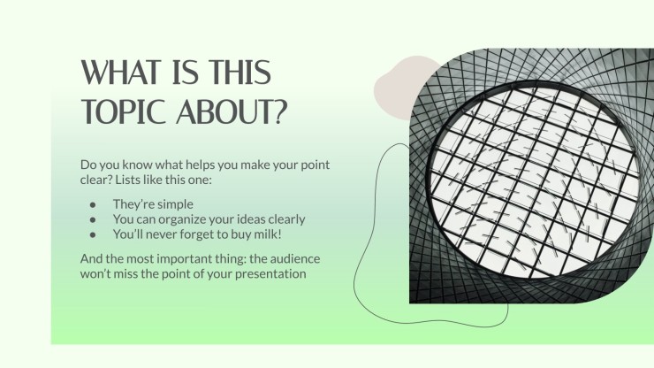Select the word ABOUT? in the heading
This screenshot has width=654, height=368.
point(232,111)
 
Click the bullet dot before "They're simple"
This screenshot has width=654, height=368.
point(93,204)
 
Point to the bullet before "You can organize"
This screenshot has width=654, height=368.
point(93,219)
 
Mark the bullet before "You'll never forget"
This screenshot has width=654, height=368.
point(93,234)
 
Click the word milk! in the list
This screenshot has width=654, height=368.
point(269,234)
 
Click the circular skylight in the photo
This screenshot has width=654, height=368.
point(534,180)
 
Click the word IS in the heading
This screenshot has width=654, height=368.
point(186,72)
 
